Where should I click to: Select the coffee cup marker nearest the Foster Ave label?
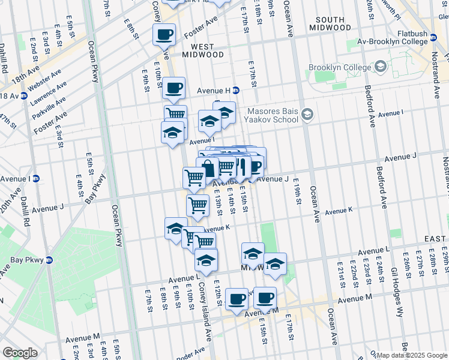coord(164,35)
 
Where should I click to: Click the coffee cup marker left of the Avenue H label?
coord(174,88)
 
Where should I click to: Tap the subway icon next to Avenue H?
coord(236,91)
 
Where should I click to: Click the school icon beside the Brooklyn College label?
coord(380,67)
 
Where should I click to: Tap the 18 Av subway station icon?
coord(24,95)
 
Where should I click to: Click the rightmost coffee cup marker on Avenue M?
coord(264,298)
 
